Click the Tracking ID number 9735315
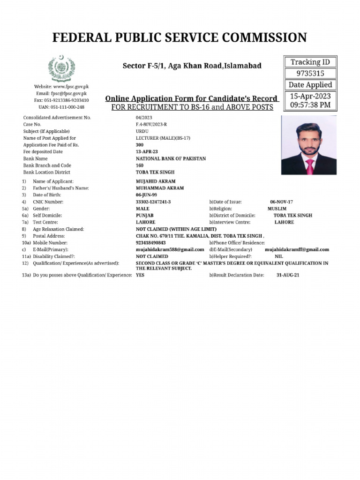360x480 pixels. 310,74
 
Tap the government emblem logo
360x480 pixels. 61,68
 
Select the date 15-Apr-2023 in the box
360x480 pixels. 310,96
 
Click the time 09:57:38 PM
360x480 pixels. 310,105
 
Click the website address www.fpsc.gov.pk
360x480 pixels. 71,87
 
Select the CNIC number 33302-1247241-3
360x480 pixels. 153,202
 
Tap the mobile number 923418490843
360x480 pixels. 150,243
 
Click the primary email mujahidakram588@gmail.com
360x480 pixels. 170,250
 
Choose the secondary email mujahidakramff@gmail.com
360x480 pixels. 297,250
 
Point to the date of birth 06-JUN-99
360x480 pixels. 146,195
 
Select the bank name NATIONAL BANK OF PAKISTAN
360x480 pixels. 171,159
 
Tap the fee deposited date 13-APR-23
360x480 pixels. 147,152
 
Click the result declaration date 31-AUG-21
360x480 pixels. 288,275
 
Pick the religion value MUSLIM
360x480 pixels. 277,209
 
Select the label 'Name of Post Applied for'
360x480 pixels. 50,138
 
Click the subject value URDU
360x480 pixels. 142,131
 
